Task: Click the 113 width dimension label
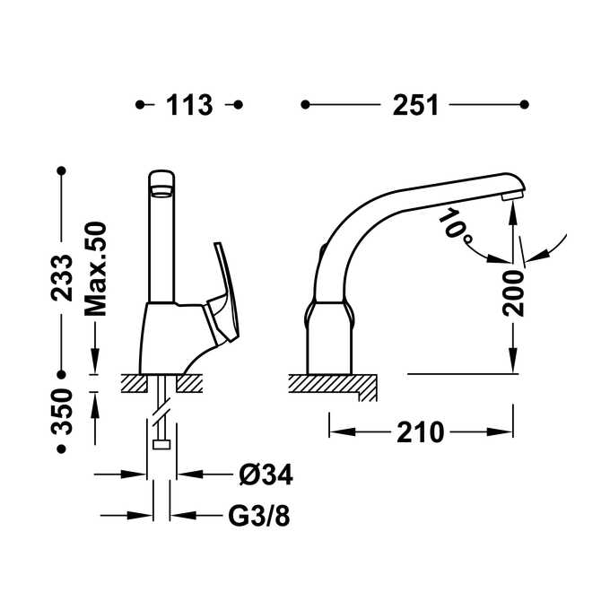click(189, 105)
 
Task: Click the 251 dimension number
click(415, 105)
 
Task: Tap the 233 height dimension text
click(62, 278)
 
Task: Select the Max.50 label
click(96, 269)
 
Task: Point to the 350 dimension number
click(62, 411)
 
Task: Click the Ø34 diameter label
click(266, 475)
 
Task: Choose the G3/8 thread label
click(259, 516)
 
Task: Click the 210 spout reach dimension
click(420, 432)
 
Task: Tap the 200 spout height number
click(513, 292)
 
